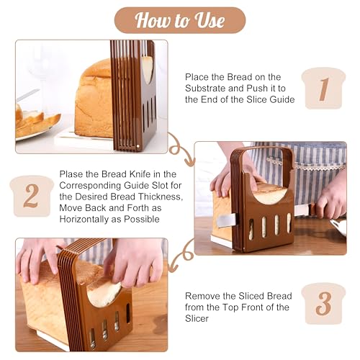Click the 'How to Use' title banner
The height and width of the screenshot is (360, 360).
180,20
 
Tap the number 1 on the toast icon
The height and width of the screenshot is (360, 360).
323,89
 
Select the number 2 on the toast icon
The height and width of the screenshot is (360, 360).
31,196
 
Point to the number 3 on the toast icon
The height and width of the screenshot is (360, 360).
323,303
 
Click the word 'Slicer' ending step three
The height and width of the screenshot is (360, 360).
197,319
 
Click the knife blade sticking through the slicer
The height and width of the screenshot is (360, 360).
226,220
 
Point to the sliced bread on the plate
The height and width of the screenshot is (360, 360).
36,121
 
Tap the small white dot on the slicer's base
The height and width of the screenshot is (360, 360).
138,146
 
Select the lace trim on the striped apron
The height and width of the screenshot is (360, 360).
305,163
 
